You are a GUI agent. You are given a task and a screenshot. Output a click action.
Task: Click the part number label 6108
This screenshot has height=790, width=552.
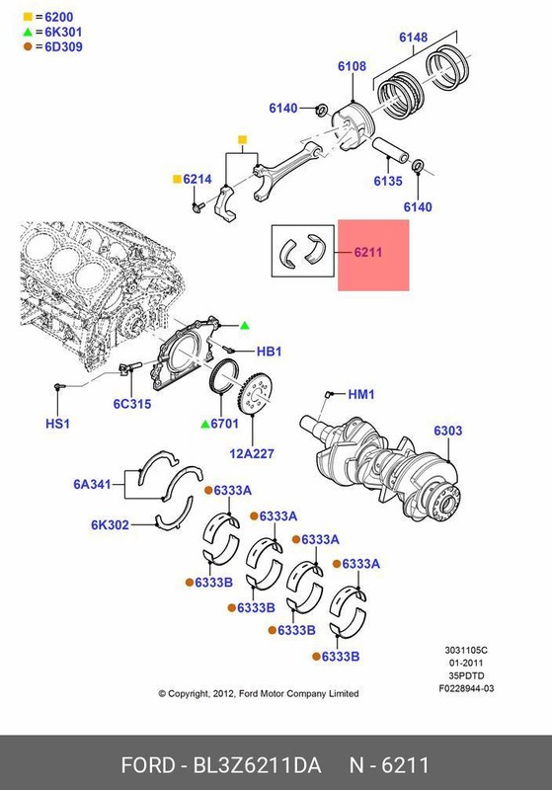pos(352,67)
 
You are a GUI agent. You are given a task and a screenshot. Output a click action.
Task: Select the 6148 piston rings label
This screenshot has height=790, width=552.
pos(413,39)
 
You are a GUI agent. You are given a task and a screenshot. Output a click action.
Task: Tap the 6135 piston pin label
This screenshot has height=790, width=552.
pos(388,182)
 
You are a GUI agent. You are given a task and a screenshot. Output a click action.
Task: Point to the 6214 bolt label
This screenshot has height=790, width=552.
pos(197,180)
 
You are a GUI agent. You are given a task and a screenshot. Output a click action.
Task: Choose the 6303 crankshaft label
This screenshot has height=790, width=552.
pos(447,432)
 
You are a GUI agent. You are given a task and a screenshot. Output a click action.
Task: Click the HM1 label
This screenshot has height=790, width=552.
pos(361,394)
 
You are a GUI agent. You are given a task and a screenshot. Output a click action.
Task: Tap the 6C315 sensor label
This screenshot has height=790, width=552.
pos(131,404)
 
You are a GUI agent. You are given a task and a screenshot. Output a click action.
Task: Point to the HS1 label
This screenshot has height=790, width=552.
pos(59,424)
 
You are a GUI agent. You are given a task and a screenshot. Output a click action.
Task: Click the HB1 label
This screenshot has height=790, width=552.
pos(270,351)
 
